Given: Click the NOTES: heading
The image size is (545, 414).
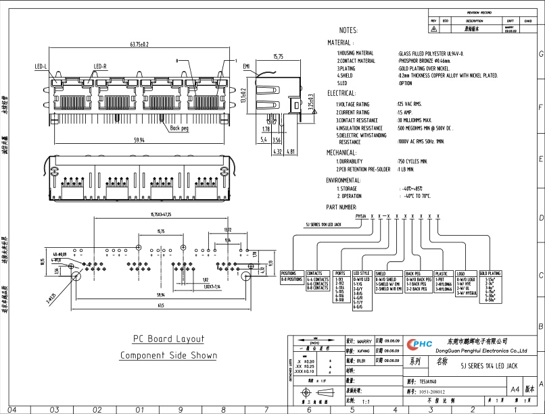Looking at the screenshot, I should tap(349, 31).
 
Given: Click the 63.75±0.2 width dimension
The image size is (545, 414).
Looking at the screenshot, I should tap(139, 45).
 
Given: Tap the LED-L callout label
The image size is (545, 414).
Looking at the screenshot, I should tap(41, 67).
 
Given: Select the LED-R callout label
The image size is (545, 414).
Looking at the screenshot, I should tap(101, 67).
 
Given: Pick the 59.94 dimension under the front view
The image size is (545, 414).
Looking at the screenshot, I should tap(139, 140).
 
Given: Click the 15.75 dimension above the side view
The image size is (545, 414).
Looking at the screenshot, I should tap(278, 57).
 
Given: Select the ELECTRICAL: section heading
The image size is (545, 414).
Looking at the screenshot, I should tap(341, 93).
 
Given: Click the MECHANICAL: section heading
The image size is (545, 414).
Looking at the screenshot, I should tap(342, 153).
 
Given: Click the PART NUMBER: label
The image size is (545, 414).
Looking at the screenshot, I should tap(341, 207).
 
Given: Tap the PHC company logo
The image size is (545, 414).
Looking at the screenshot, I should tap(419, 344).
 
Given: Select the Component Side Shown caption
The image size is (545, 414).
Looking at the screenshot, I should tap(168, 355).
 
